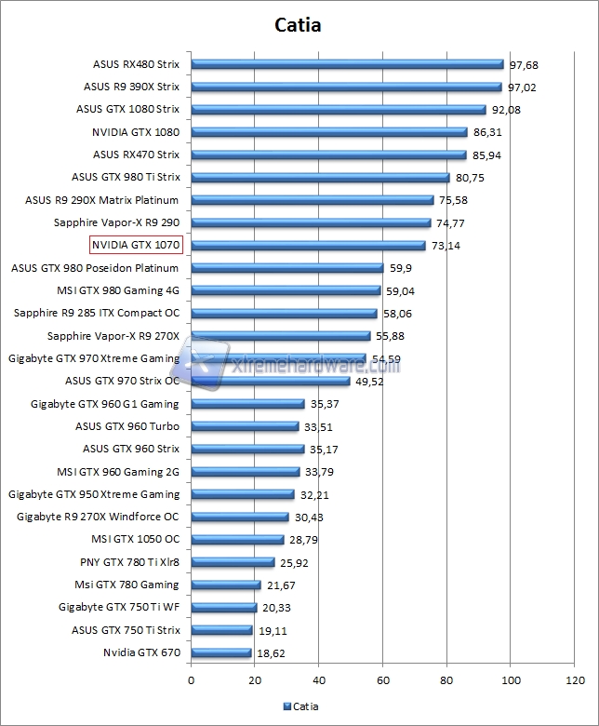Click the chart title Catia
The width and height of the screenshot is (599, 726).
pos(299,25)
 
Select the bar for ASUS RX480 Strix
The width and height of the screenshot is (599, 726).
pos(347,64)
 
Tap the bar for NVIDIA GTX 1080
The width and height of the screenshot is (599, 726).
pos(329,132)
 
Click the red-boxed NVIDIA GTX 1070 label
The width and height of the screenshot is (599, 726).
pos(136,245)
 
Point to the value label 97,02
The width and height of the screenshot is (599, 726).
pos(522,87)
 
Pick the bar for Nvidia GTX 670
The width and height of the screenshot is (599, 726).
pos(221,652)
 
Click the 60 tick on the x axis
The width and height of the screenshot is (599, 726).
pos(383,680)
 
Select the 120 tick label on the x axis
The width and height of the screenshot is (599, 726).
pos(574,680)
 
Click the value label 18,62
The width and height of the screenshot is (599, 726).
pos(270,653)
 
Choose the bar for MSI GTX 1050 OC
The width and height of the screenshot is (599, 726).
pos(237,539)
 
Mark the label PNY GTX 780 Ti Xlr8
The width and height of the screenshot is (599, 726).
pos(129,562)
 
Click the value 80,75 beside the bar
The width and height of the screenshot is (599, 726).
pos(470,178)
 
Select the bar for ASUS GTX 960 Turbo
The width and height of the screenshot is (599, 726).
pos(245,426)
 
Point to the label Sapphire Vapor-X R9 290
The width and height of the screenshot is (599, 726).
pos(117,222)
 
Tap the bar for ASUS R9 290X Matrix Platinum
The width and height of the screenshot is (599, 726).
pos(313,200)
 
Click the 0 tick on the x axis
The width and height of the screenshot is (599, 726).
pos(192,680)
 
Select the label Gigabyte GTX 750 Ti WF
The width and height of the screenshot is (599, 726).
pos(119,607)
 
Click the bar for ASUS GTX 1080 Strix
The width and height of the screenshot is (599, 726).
pos(339,110)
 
